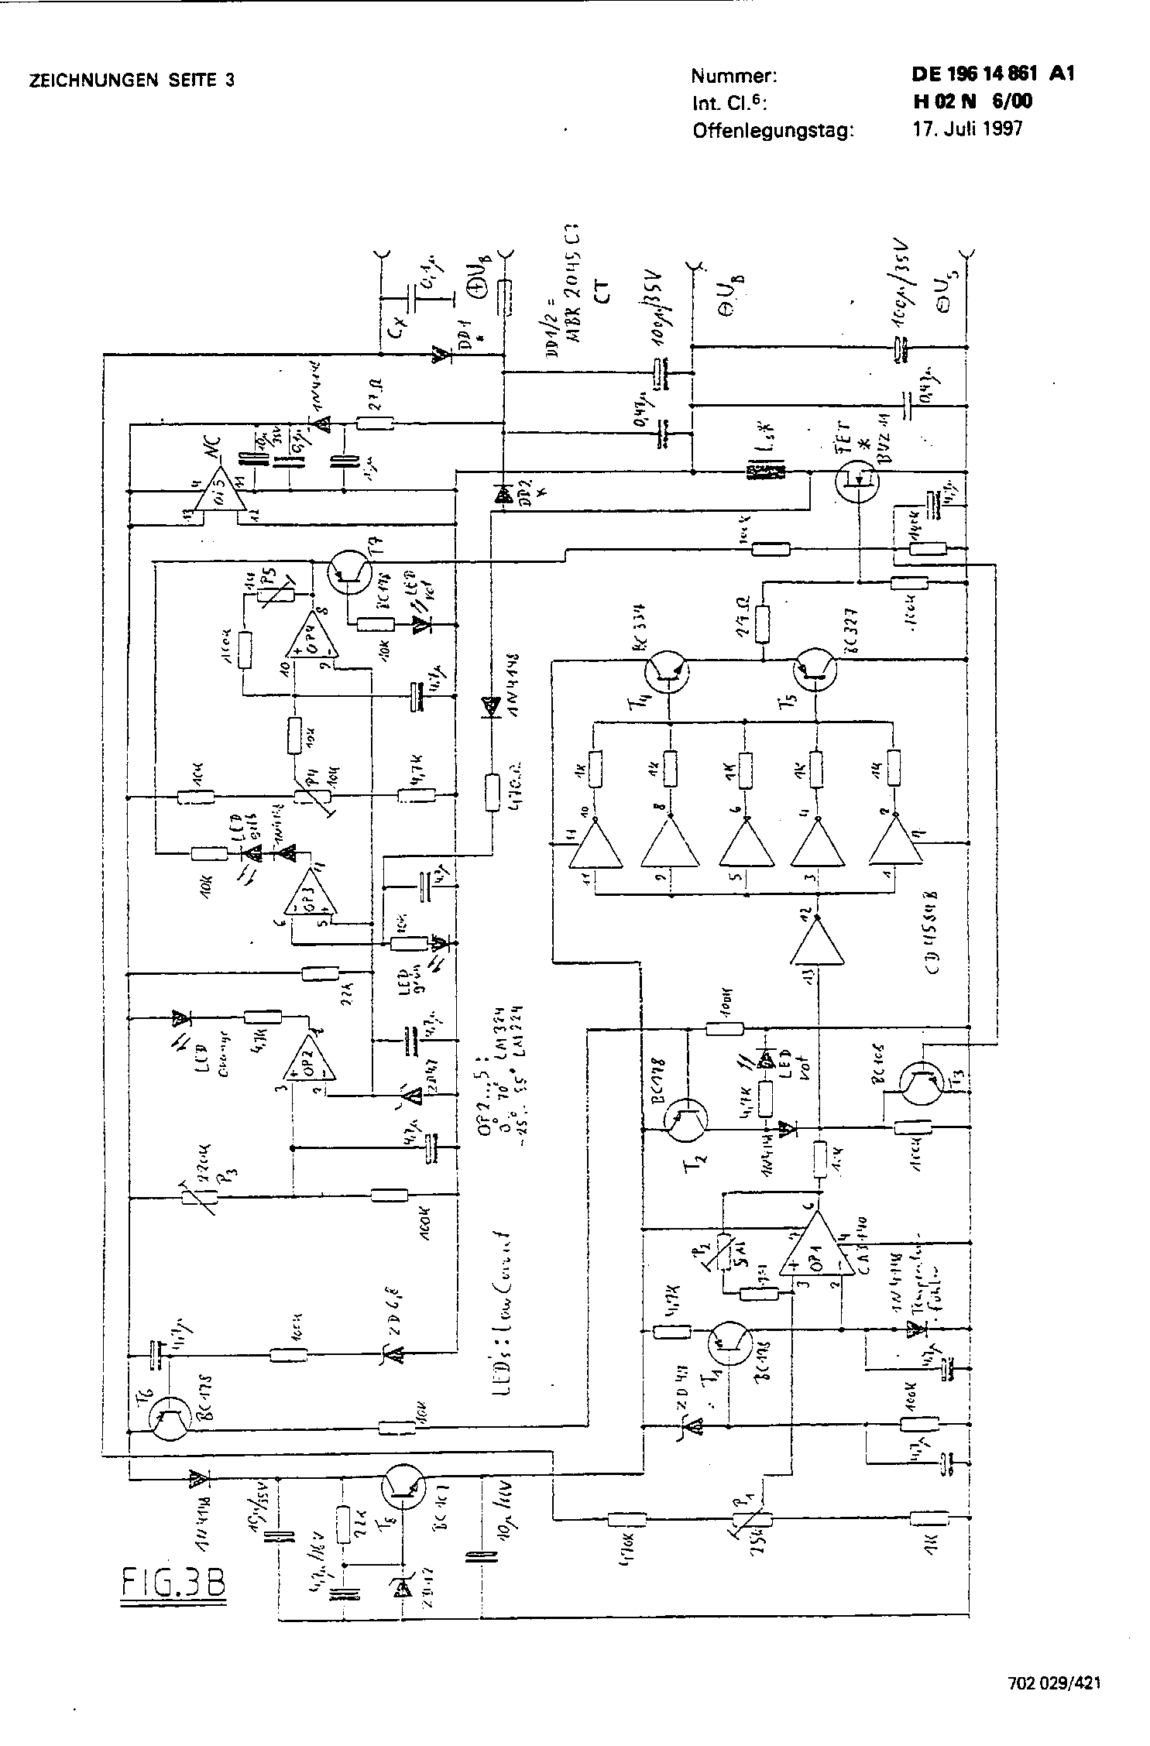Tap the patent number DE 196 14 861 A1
(992, 74)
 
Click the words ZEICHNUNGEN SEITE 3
(132, 81)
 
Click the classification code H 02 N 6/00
(972, 101)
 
